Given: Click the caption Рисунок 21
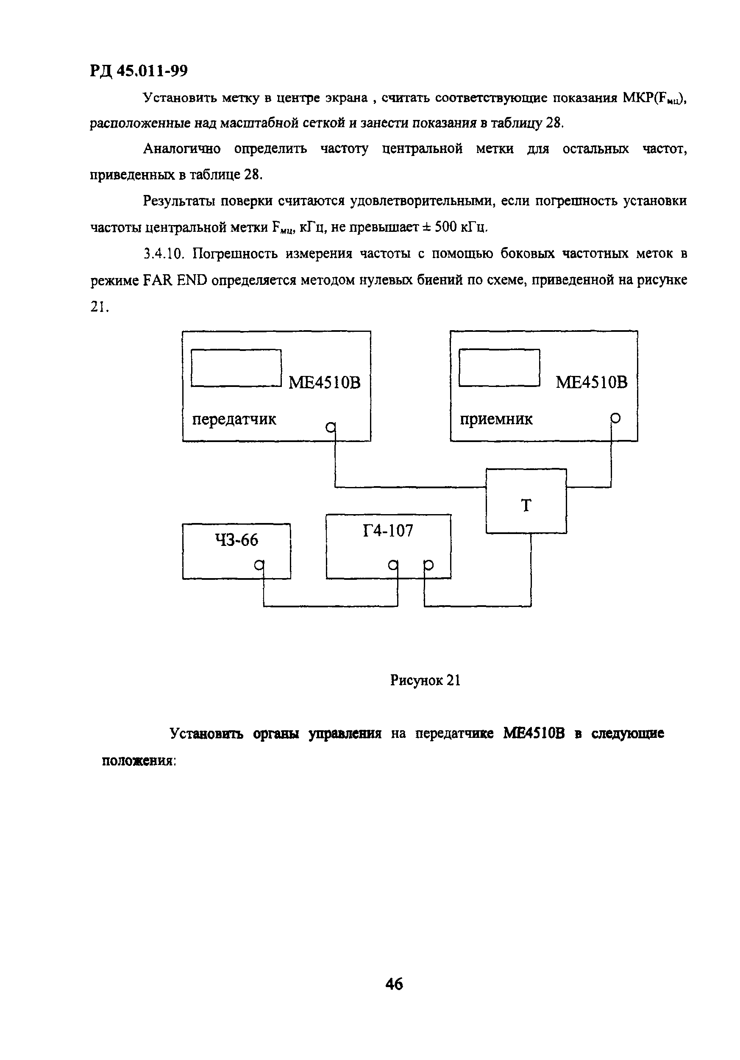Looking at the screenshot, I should pos(425,680).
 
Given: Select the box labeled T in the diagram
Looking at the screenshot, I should pos(526,501).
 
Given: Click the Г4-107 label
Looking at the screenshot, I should pos(388,531).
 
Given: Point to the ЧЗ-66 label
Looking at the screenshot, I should pos(236,540).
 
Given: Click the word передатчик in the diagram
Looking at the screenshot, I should pos(234,419).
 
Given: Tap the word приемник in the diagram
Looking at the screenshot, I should pos(496,419).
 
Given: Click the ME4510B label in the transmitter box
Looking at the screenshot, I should pos(324,382).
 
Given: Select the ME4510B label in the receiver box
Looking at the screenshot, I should pos(591,382).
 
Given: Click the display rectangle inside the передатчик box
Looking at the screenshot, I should pos(236,367).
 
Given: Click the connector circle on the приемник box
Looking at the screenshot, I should pos(615,418).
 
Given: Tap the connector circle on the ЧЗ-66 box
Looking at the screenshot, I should pos(259,565).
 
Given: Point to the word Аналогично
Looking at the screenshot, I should pos(182,149).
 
